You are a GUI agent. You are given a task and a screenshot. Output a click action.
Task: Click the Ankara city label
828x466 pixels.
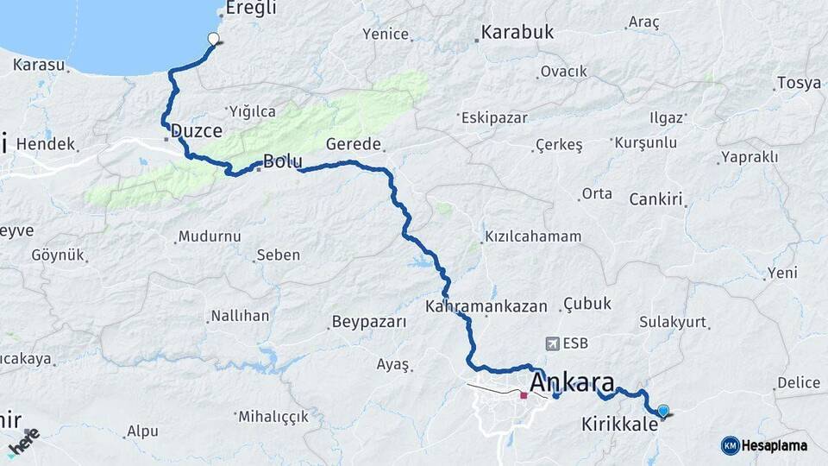(574, 382)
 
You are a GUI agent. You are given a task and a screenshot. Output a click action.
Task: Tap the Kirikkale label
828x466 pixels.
(620, 425)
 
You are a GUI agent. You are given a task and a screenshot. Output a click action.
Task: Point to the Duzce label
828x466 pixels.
(197, 132)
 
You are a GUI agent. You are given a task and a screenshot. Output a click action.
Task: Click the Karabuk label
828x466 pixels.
(517, 33)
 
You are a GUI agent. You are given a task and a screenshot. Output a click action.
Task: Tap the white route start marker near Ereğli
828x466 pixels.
(213, 38)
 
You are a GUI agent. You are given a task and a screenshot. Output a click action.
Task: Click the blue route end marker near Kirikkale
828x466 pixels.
(662, 412)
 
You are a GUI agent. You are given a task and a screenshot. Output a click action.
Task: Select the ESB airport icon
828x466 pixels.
(553, 343)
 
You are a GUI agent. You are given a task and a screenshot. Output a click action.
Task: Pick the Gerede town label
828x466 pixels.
(354, 144)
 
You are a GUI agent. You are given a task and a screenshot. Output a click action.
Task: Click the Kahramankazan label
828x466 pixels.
(486, 306)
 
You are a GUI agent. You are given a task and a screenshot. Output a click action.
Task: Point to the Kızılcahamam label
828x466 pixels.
(533, 236)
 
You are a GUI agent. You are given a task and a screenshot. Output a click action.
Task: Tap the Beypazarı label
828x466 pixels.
(368, 322)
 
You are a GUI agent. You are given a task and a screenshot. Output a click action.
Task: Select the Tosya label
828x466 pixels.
(798, 84)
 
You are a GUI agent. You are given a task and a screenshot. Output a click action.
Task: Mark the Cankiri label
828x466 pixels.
(656, 199)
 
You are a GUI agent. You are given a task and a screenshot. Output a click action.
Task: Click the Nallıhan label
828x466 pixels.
(241, 316)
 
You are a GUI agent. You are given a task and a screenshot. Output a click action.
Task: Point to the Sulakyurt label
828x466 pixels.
(673, 322)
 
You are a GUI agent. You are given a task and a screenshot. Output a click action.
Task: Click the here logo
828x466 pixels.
(23, 442)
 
